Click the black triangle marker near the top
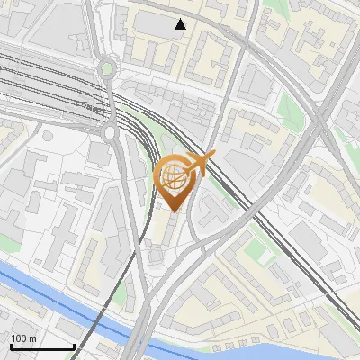[x=181, y=24]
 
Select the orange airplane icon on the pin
[x=201, y=163]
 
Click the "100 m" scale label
[x=23, y=337]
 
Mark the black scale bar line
[x=42, y=346]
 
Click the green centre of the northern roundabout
[x=108, y=67]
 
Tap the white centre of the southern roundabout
[x=112, y=132]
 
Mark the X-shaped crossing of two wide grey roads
[x=320, y=116]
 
